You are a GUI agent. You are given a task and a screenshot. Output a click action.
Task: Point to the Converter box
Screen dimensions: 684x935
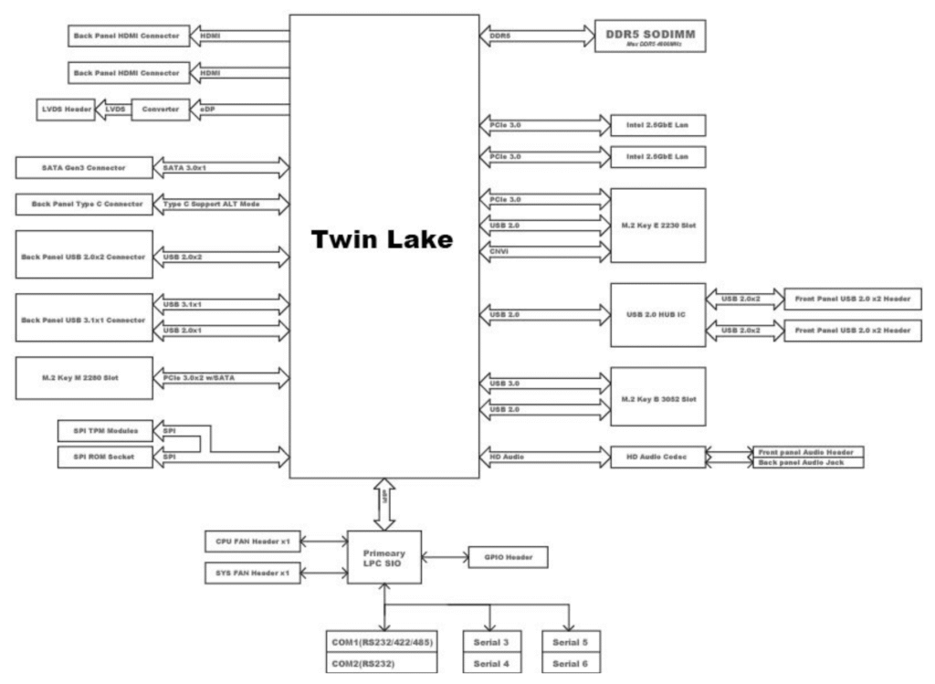[162, 108]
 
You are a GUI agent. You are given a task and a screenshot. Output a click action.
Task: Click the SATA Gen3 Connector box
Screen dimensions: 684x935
[82, 168]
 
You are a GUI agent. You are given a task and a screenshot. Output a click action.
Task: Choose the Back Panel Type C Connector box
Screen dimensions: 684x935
[82, 204]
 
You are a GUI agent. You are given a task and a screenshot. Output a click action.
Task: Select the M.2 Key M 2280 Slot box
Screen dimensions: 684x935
[82, 378]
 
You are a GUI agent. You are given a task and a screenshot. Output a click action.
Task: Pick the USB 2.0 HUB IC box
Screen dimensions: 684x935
[657, 315]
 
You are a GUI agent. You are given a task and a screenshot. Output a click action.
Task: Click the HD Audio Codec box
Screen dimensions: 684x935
[657, 455]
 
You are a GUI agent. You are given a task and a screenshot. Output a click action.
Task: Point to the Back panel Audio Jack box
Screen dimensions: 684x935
[806, 464]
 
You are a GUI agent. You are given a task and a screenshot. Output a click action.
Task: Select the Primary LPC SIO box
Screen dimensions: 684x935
[384, 559]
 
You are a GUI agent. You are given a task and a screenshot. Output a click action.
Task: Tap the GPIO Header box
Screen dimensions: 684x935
[508, 556]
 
